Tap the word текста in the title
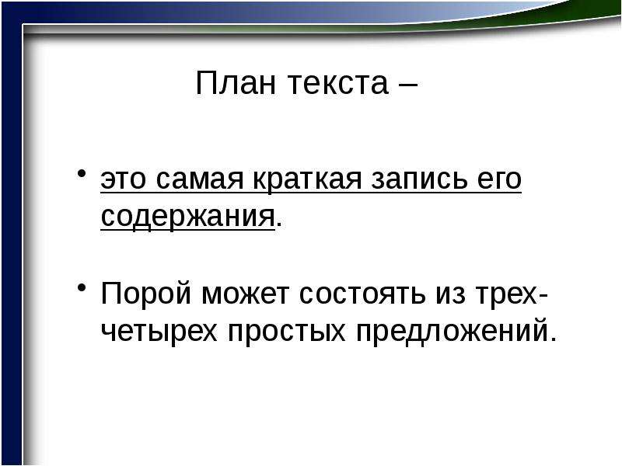pyautogui.click(x=337, y=84)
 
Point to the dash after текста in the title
pyautogui.click(x=409, y=85)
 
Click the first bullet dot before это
pyautogui.click(x=82, y=173)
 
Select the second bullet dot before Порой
pyautogui.click(x=82, y=287)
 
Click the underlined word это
pyautogui.click(x=123, y=180)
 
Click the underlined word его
pyautogui.click(x=499, y=179)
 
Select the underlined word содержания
pyautogui.click(x=187, y=218)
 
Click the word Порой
pyautogui.click(x=146, y=294)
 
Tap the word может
pyautogui.click(x=245, y=294)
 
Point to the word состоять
pyautogui.click(x=362, y=294)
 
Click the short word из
pyautogui.click(x=451, y=294)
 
